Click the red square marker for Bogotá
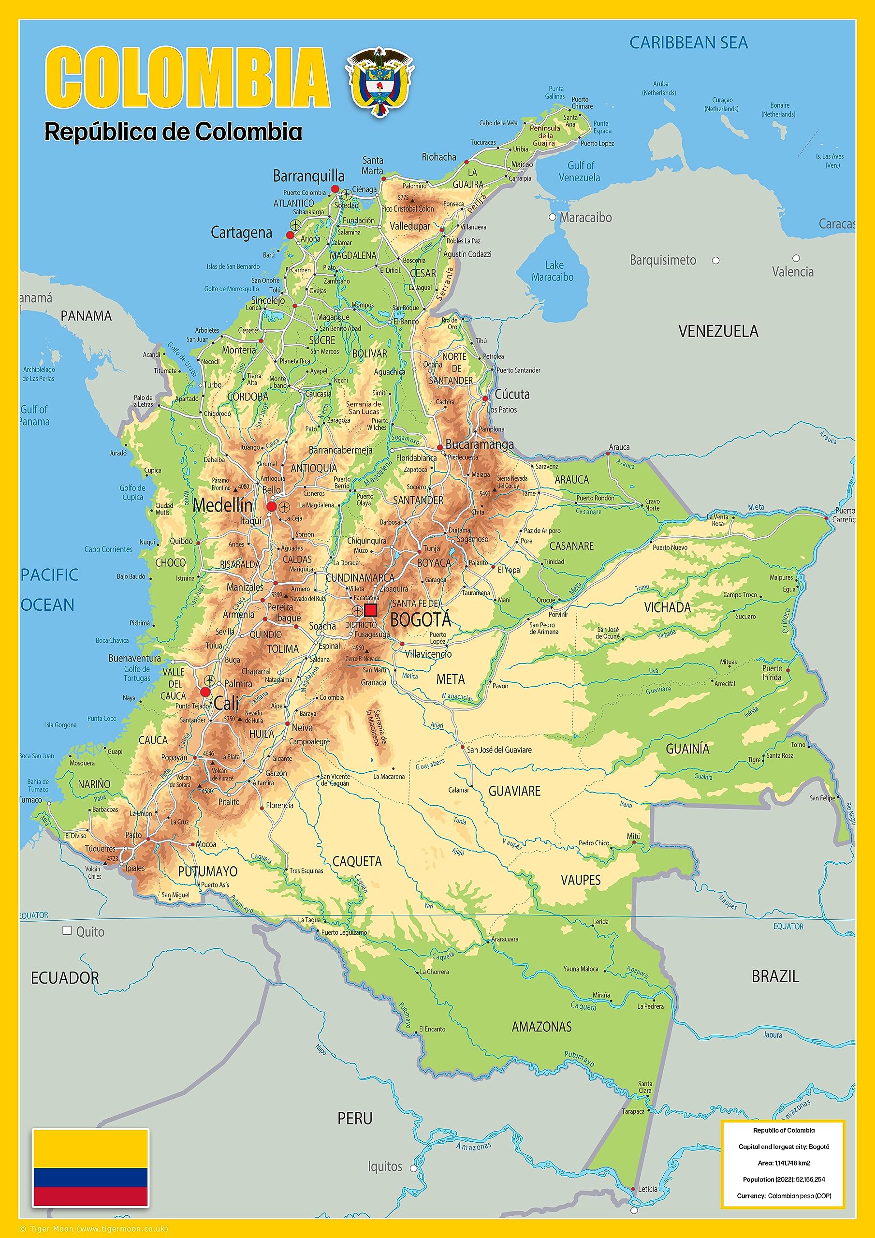point(370,610)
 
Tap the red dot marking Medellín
point(272,506)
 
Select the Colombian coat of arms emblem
point(379,81)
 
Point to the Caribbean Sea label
point(688,43)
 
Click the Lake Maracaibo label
point(553,271)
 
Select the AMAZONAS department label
point(541,1027)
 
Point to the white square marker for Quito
point(67,930)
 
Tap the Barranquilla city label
point(308,177)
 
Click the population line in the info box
point(783,1179)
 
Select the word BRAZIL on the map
point(775,976)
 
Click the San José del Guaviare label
point(499,750)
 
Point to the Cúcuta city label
point(512,394)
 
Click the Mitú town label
point(633,836)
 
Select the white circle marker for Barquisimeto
point(715,261)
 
